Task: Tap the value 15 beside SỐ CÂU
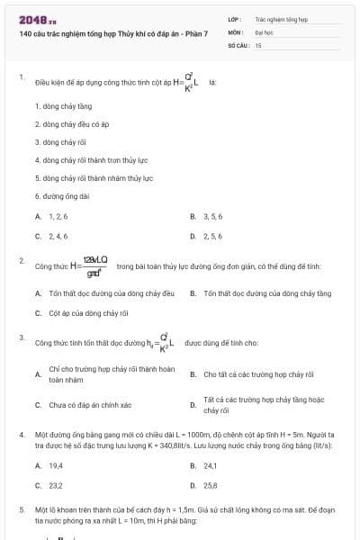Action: [x=257, y=43]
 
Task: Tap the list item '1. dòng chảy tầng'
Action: [x=63, y=106]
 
